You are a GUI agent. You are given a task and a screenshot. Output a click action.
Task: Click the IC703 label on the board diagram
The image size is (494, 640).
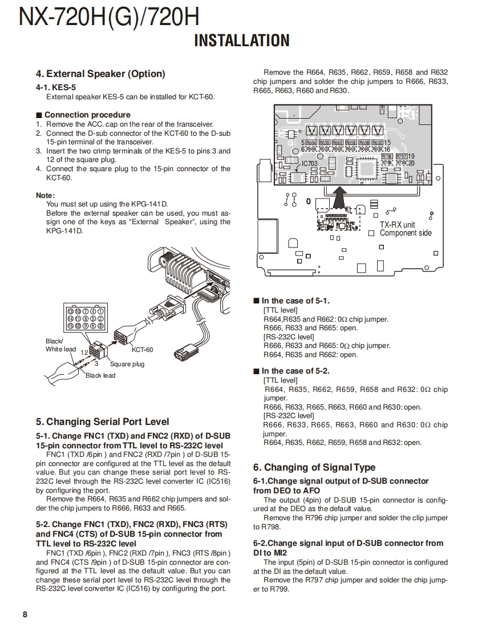(309, 164)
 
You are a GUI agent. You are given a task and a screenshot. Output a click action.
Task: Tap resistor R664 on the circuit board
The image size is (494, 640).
(311, 143)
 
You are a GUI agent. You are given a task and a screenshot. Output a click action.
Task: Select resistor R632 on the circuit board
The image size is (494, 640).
(377, 143)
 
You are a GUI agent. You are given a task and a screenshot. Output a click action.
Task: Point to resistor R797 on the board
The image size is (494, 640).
(402, 156)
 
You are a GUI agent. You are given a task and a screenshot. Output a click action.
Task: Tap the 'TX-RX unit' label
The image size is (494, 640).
(397, 225)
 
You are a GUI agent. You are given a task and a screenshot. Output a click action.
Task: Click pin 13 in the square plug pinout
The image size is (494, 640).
(71, 311)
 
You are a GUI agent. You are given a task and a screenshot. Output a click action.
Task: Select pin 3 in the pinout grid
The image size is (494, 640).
(100, 326)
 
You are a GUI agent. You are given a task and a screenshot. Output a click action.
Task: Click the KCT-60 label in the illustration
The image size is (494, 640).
(142, 350)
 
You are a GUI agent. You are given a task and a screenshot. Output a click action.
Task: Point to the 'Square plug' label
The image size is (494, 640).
(127, 364)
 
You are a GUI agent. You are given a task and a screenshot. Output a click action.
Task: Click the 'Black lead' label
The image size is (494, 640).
(100, 375)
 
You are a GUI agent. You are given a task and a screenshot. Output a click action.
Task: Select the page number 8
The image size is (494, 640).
(25, 614)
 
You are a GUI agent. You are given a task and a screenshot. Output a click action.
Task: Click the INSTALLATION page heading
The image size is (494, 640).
(242, 40)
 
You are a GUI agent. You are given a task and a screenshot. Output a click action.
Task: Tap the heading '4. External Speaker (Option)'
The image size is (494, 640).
(100, 74)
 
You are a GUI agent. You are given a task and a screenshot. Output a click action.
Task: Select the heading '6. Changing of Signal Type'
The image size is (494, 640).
(314, 467)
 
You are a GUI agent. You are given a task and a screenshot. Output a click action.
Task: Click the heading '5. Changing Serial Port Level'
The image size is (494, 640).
(102, 422)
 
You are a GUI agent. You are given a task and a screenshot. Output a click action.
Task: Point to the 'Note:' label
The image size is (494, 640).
(45, 195)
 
